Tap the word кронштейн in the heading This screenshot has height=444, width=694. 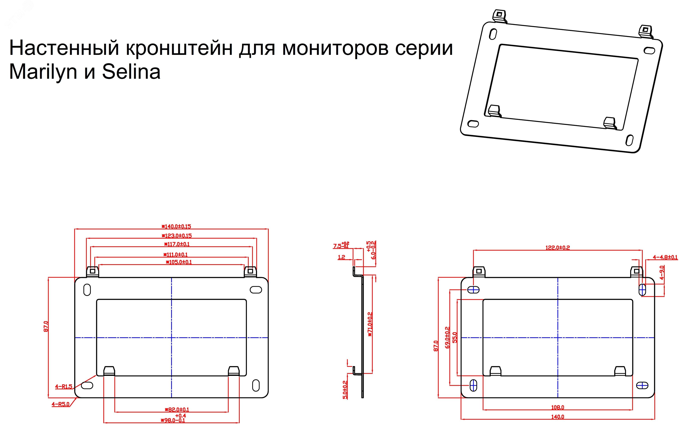click(x=179, y=48)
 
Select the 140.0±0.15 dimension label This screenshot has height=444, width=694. click(x=176, y=226)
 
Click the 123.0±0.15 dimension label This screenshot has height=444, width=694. click(x=177, y=235)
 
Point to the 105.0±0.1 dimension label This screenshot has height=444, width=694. click(x=179, y=262)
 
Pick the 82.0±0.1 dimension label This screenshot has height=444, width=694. click(x=177, y=409)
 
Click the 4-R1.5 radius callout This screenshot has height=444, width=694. click(x=64, y=387)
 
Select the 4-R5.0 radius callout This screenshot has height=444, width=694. click(x=61, y=404)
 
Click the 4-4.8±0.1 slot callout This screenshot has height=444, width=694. click(x=665, y=257)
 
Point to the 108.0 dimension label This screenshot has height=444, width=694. click(x=558, y=407)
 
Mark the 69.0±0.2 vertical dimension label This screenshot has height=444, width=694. click(x=447, y=337)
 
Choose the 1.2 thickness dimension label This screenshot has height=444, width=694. click(x=341, y=257)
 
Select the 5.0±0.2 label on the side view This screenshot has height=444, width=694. click(x=345, y=390)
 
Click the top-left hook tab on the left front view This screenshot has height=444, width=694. click(x=93, y=271)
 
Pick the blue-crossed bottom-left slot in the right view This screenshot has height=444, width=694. click(x=473, y=385)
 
